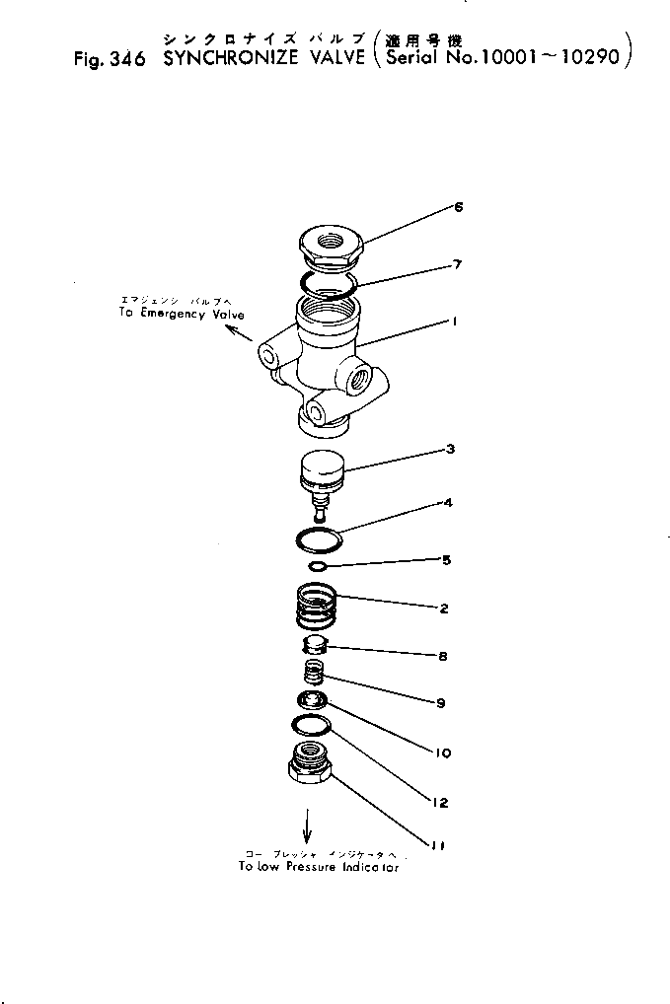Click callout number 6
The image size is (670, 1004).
pyautogui.click(x=458, y=207)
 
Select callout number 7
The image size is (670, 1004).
pyautogui.click(x=457, y=264)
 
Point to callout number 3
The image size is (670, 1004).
pyautogui.click(x=449, y=451)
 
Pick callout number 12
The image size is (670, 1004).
pyautogui.click(x=442, y=803)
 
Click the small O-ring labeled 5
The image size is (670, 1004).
pyautogui.click(x=318, y=566)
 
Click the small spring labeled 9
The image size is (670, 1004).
pyautogui.click(x=313, y=677)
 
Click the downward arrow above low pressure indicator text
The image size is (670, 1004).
pyautogui.click(x=307, y=824)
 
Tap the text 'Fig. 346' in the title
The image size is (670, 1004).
pyautogui.click(x=110, y=58)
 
